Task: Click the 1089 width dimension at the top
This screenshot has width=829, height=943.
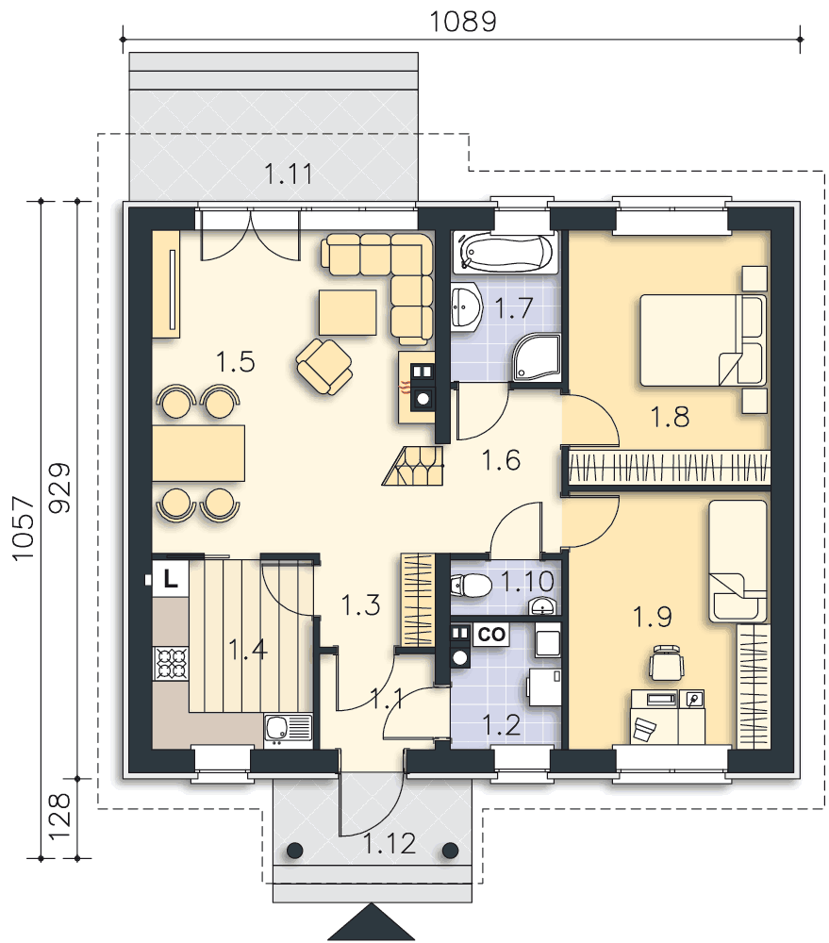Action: pos(463,22)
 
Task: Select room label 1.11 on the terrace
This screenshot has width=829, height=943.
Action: pos(289,174)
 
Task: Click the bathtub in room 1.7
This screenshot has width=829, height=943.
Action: pos(506,252)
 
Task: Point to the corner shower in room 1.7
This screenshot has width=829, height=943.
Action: pos(536,357)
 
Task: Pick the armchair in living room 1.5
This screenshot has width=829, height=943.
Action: pos(324,366)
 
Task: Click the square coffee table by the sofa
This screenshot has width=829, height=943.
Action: pos(348,312)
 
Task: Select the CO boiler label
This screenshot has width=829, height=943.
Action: pos(491,635)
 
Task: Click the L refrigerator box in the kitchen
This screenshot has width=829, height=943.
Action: pos(171,579)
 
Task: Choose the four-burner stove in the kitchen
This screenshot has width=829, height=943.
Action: pos(171,663)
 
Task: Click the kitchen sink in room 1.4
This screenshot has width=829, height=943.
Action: pos(288,730)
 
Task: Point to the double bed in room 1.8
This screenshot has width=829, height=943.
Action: pos(703,339)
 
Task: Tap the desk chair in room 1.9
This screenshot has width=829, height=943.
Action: pos(667,663)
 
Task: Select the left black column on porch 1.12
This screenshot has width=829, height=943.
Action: pos(294,851)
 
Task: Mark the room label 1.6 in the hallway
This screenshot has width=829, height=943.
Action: pos(501,461)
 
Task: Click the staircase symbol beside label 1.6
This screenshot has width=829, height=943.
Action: pos(413,466)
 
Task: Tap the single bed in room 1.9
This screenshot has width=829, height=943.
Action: pos(738,561)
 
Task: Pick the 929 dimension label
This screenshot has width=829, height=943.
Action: pos(59,488)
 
